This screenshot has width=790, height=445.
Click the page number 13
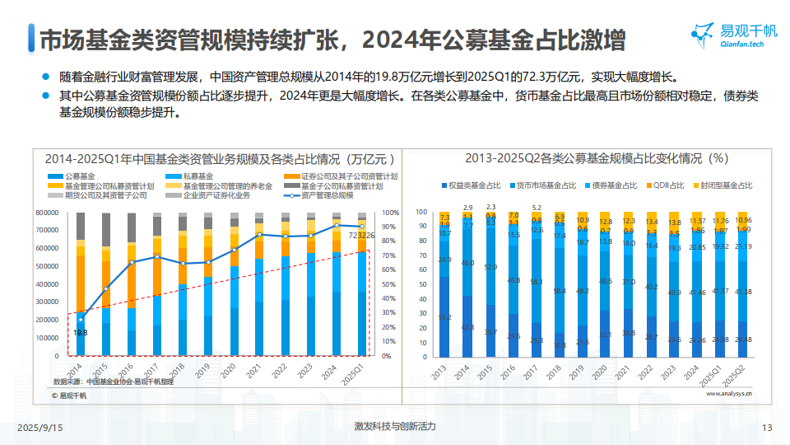(x=767, y=427)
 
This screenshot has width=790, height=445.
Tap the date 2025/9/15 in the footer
(x=39, y=427)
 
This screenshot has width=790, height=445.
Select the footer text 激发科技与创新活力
(x=394, y=426)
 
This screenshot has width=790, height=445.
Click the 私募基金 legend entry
(x=196, y=176)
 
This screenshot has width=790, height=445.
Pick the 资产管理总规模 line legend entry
(x=324, y=195)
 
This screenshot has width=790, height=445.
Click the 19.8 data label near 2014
(x=81, y=332)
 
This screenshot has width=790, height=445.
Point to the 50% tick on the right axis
(x=391, y=284)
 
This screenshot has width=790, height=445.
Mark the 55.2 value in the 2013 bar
(x=444, y=317)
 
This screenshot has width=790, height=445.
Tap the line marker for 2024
(x=336, y=225)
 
